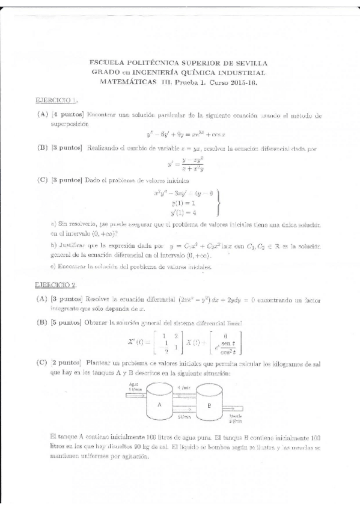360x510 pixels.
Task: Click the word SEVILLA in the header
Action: click(x=252, y=62)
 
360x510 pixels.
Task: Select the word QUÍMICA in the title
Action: click(x=194, y=72)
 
